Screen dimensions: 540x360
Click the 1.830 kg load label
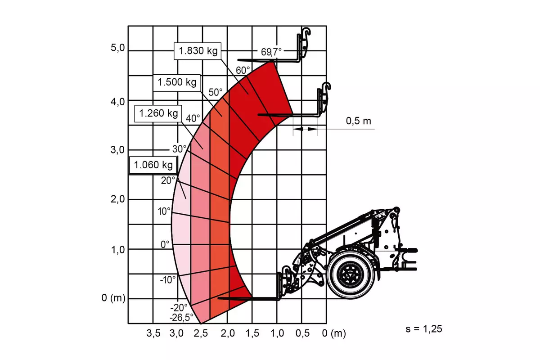click(x=198, y=51)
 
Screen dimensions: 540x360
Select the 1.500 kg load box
click(x=177, y=82)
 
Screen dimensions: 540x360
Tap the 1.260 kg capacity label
click(x=158, y=113)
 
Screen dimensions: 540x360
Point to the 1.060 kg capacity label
click(x=153, y=165)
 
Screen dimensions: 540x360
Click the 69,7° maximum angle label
click(x=271, y=52)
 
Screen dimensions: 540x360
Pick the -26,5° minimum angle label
click(x=181, y=318)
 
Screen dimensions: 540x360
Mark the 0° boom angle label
click(x=165, y=244)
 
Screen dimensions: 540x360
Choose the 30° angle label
click(x=180, y=149)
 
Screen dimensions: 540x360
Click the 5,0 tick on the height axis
click(x=117, y=48)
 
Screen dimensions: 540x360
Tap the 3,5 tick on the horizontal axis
click(x=153, y=333)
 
